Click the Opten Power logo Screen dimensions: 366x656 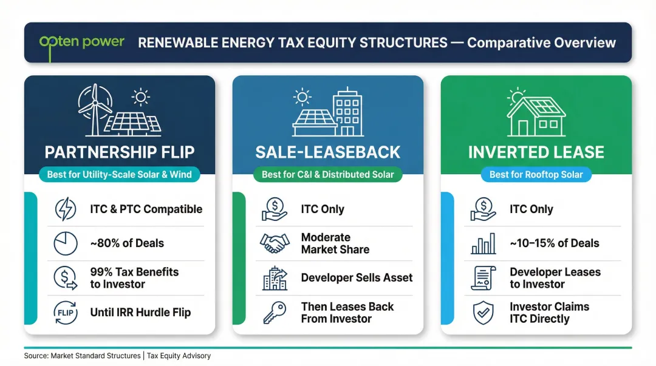tap(81, 42)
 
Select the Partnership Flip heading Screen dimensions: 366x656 tap(119, 152)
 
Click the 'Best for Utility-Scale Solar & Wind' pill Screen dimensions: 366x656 tap(119, 175)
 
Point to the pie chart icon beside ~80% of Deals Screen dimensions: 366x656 tap(65, 243)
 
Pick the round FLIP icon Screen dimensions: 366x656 tap(65, 313)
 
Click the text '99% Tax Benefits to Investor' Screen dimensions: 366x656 tap(134, 278)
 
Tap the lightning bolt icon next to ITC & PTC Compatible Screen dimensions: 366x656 tap(65, 209)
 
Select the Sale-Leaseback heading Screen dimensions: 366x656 tap(327, 152)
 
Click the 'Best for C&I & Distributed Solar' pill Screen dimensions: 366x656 tap(327, 175)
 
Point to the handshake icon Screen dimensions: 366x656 tap(275, 243)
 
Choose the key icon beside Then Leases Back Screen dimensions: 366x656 tap(275, 313)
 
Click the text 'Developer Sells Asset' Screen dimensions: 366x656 tap(357, 278)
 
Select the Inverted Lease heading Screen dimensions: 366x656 tap(536, 152)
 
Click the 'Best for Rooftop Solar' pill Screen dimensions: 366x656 tap(536, 175)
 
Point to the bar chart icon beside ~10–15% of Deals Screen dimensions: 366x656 tap(483, 243)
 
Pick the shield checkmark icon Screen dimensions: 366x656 tap(483, 313)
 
